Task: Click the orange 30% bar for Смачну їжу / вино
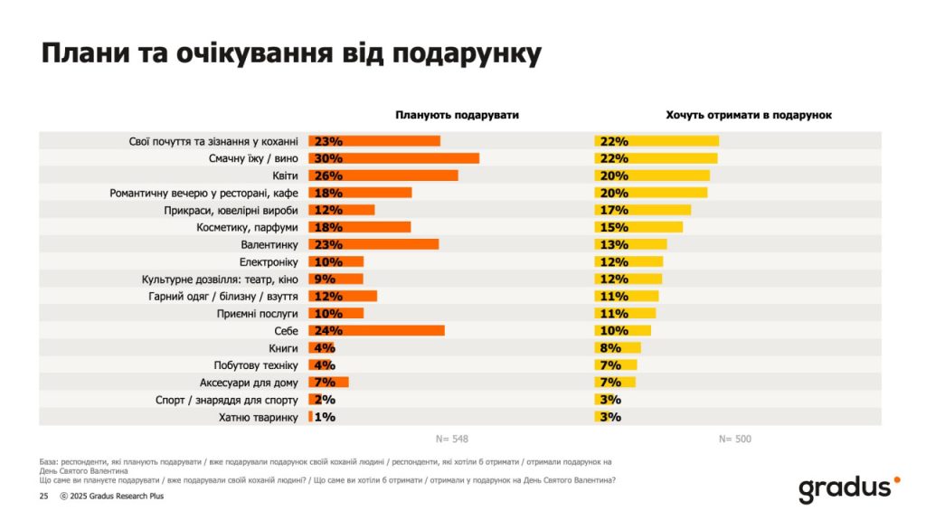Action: (393, 158)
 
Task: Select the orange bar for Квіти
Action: (383, 175)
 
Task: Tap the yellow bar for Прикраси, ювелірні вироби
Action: (642, 210)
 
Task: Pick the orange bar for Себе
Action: (376, 331)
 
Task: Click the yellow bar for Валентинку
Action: (630, 244)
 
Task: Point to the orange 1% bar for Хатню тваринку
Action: (310, 417)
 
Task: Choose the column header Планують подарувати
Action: (457, 115)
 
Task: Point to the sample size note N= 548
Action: (451, 440)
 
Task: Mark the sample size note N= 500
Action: (734, 440)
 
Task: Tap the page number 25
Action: (43, 497)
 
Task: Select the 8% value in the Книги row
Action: (608, 348)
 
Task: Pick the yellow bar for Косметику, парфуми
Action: (638, 227)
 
